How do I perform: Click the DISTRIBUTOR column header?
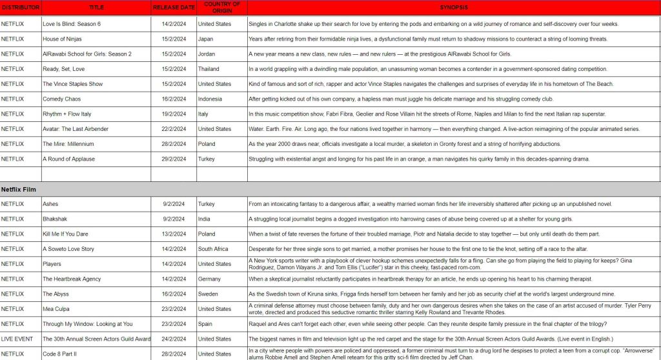click(x=21, y=8)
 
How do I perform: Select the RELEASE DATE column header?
click(x=174, y=8)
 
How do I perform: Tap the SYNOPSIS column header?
click(x=454, y=8)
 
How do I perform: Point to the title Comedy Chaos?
click(x=62, y=99)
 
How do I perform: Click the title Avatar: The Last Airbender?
click(x=76, y=129)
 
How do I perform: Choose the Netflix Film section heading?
click(x=18, y=189)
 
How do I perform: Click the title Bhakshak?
click(x=56, y=219)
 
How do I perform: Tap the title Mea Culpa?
click(x=57, y=308)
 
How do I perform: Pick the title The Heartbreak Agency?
click(x=72, y=279)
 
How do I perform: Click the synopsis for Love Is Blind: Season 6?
click(x=433, y=24)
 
